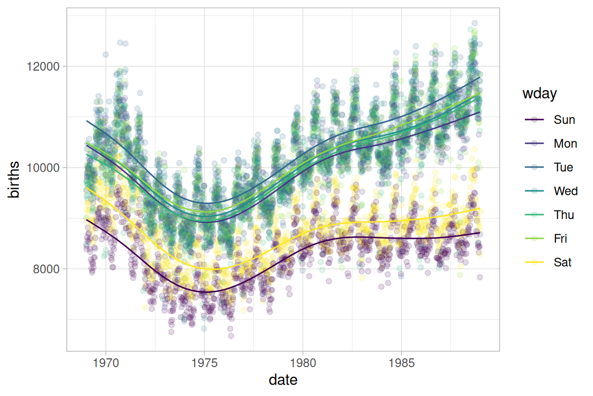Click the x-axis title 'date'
click(x=283, y=381)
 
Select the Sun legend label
click(x=564, y=120)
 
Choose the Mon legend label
click(x=565, y=144)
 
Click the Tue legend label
click(x=563, y=168)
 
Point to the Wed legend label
click(x=565, y=191)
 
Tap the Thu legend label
click(x=564, y=215)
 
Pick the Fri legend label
click(x=561, y=239)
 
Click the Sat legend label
click(x=563, y=262)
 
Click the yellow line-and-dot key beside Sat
click(x=535, y=262)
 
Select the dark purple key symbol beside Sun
click(x=535, y=120)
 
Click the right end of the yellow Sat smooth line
click(x=480, y=208)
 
